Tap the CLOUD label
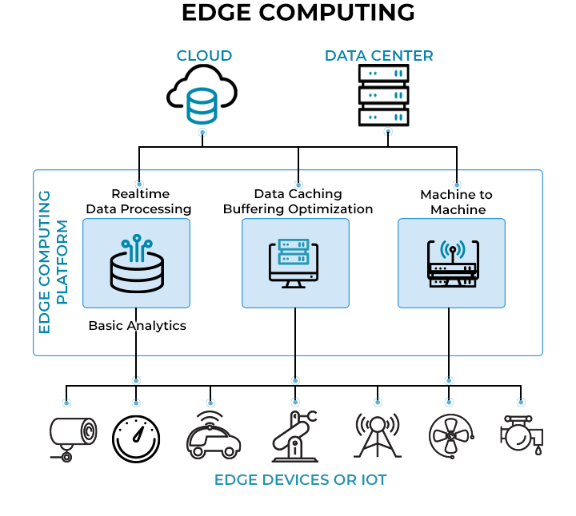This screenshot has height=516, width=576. click(204, 56)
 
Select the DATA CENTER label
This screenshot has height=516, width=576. click(378, 56)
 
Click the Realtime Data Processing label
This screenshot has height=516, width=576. click(138, 201)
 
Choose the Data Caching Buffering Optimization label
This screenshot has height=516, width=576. click(298, 201)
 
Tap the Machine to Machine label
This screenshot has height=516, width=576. click(456, 202)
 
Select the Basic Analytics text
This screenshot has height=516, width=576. click(137, 326)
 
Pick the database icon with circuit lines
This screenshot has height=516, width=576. click(136, 263)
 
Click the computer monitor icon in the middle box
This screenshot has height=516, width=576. click(295, 263)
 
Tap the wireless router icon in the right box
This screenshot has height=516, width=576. click(452, 264)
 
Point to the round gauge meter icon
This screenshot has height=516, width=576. click(135, 439)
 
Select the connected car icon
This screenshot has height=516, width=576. click(212, 437)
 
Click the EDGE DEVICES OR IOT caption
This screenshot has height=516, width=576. click(300, 480)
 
